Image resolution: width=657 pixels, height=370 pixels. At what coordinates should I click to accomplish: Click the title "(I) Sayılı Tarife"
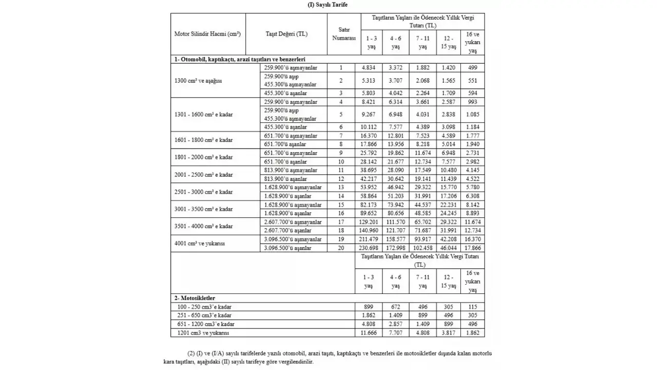(x=327, y=4)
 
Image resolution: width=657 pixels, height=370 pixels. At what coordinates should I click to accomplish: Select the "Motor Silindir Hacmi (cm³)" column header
(x=207, y=34)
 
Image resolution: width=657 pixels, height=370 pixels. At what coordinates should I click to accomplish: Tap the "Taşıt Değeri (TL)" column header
(x=286, y=34)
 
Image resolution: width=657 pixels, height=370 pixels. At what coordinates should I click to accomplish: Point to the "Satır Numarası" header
(x=341, y=34)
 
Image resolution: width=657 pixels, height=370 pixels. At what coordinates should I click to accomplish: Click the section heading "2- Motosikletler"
(x=195, y=298)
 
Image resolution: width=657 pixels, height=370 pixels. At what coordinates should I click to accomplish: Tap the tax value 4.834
(x=369, y=67)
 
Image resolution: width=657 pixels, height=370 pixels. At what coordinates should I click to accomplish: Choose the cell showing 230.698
(x=369, y=248)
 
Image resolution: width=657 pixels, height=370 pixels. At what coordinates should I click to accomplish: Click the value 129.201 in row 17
(x=369, y=223)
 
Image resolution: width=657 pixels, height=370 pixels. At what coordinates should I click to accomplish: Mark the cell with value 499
(x=472, y=67)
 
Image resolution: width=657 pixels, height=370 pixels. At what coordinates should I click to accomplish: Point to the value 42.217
(x=369, y=179)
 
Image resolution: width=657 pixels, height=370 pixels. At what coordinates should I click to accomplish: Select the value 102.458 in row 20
(x=422, y=248)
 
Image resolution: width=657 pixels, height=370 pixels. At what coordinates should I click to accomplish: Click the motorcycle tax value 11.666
(x=369, y=333)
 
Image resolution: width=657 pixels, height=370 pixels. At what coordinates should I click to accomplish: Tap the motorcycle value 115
(x=472, y=307)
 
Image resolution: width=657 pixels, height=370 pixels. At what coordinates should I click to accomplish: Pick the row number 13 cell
(x=341, y=188)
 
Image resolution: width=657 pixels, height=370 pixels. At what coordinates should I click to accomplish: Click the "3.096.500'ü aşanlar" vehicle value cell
(x=287, y=248)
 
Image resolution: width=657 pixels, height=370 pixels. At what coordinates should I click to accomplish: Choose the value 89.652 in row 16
(x=369, y=213)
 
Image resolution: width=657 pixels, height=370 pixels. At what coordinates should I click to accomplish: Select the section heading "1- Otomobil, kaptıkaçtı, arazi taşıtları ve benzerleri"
(x=240, y=59)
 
